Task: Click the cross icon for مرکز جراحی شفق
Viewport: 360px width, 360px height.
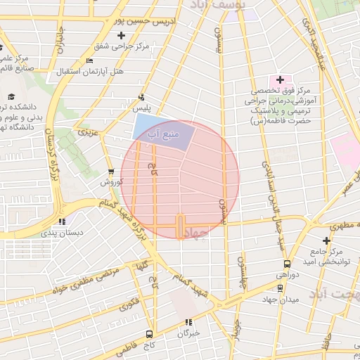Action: point(122,35)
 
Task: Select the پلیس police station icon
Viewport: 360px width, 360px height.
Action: point(142,97)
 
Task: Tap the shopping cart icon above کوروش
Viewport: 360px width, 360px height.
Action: point(110,171)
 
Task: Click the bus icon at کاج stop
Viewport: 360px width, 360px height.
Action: point(149,333)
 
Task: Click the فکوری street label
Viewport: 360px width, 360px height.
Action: point(129,304)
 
